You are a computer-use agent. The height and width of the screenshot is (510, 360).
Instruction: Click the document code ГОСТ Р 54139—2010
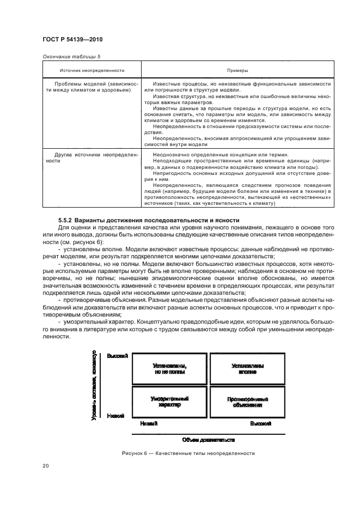point(72,39)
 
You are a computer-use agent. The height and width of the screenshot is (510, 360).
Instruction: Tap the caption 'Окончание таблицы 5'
point(70,57)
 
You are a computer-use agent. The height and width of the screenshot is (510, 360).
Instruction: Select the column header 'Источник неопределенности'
point(92,71)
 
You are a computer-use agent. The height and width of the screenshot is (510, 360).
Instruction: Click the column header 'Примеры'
point(237,71)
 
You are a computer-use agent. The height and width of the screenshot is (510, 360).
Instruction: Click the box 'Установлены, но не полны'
point(169,369)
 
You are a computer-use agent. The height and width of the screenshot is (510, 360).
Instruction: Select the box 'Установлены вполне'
point(247,369)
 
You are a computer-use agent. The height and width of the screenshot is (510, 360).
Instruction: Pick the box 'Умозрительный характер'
point(169,402)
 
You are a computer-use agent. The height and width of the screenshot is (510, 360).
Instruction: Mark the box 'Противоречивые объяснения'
point(247,402)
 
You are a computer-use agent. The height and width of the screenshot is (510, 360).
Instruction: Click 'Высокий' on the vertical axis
point(117,356)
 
